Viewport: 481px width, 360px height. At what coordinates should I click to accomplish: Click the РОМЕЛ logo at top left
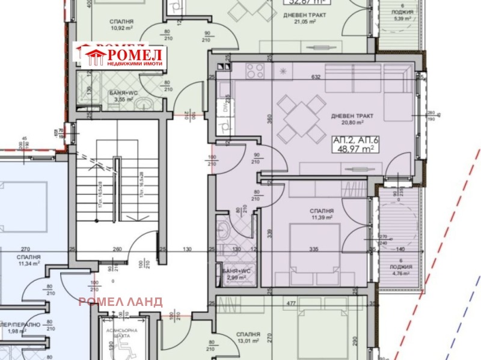pyautogui.click(x=120, y=55)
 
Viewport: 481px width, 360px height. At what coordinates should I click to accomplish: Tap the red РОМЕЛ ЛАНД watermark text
pyautogui.click(x=120, y=302)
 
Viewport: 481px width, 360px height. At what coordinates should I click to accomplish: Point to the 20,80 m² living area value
pyautogui.click(x=352, y=123)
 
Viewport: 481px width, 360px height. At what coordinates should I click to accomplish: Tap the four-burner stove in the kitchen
pyautogui.click(x=256, y=71)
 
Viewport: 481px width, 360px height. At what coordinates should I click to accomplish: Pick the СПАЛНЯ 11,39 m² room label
pyautogui.click(x=322, y=215)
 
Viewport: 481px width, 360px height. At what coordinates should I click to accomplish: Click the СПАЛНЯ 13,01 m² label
pyautogui.click(x=248, y=337)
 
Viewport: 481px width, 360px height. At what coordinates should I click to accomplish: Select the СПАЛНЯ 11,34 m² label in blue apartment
pyautogui.click(x=29, y=259)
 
